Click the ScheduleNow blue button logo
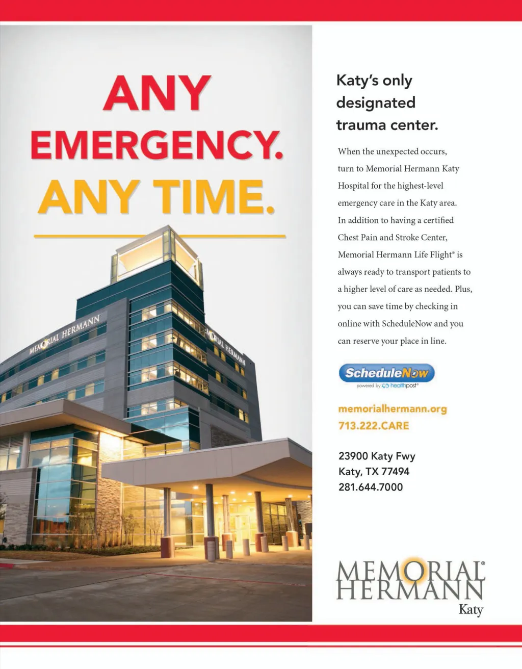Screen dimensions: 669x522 click(x=386, y=373)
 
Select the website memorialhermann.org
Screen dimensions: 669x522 click(x=392, y=409)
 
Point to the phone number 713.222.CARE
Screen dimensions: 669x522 click(x=374, y=426)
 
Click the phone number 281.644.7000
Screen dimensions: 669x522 click(x=371, y=487)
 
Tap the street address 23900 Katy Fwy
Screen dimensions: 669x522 click(x=377, y=456)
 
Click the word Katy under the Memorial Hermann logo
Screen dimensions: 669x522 click(x=471, y=609)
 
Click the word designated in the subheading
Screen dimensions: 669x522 click(x=376, y=102)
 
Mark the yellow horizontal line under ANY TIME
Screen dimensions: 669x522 click(x=160, y=236)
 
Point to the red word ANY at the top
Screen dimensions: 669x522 click(x=157, y=93)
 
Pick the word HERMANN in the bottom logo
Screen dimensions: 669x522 click(x=410, y=590)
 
